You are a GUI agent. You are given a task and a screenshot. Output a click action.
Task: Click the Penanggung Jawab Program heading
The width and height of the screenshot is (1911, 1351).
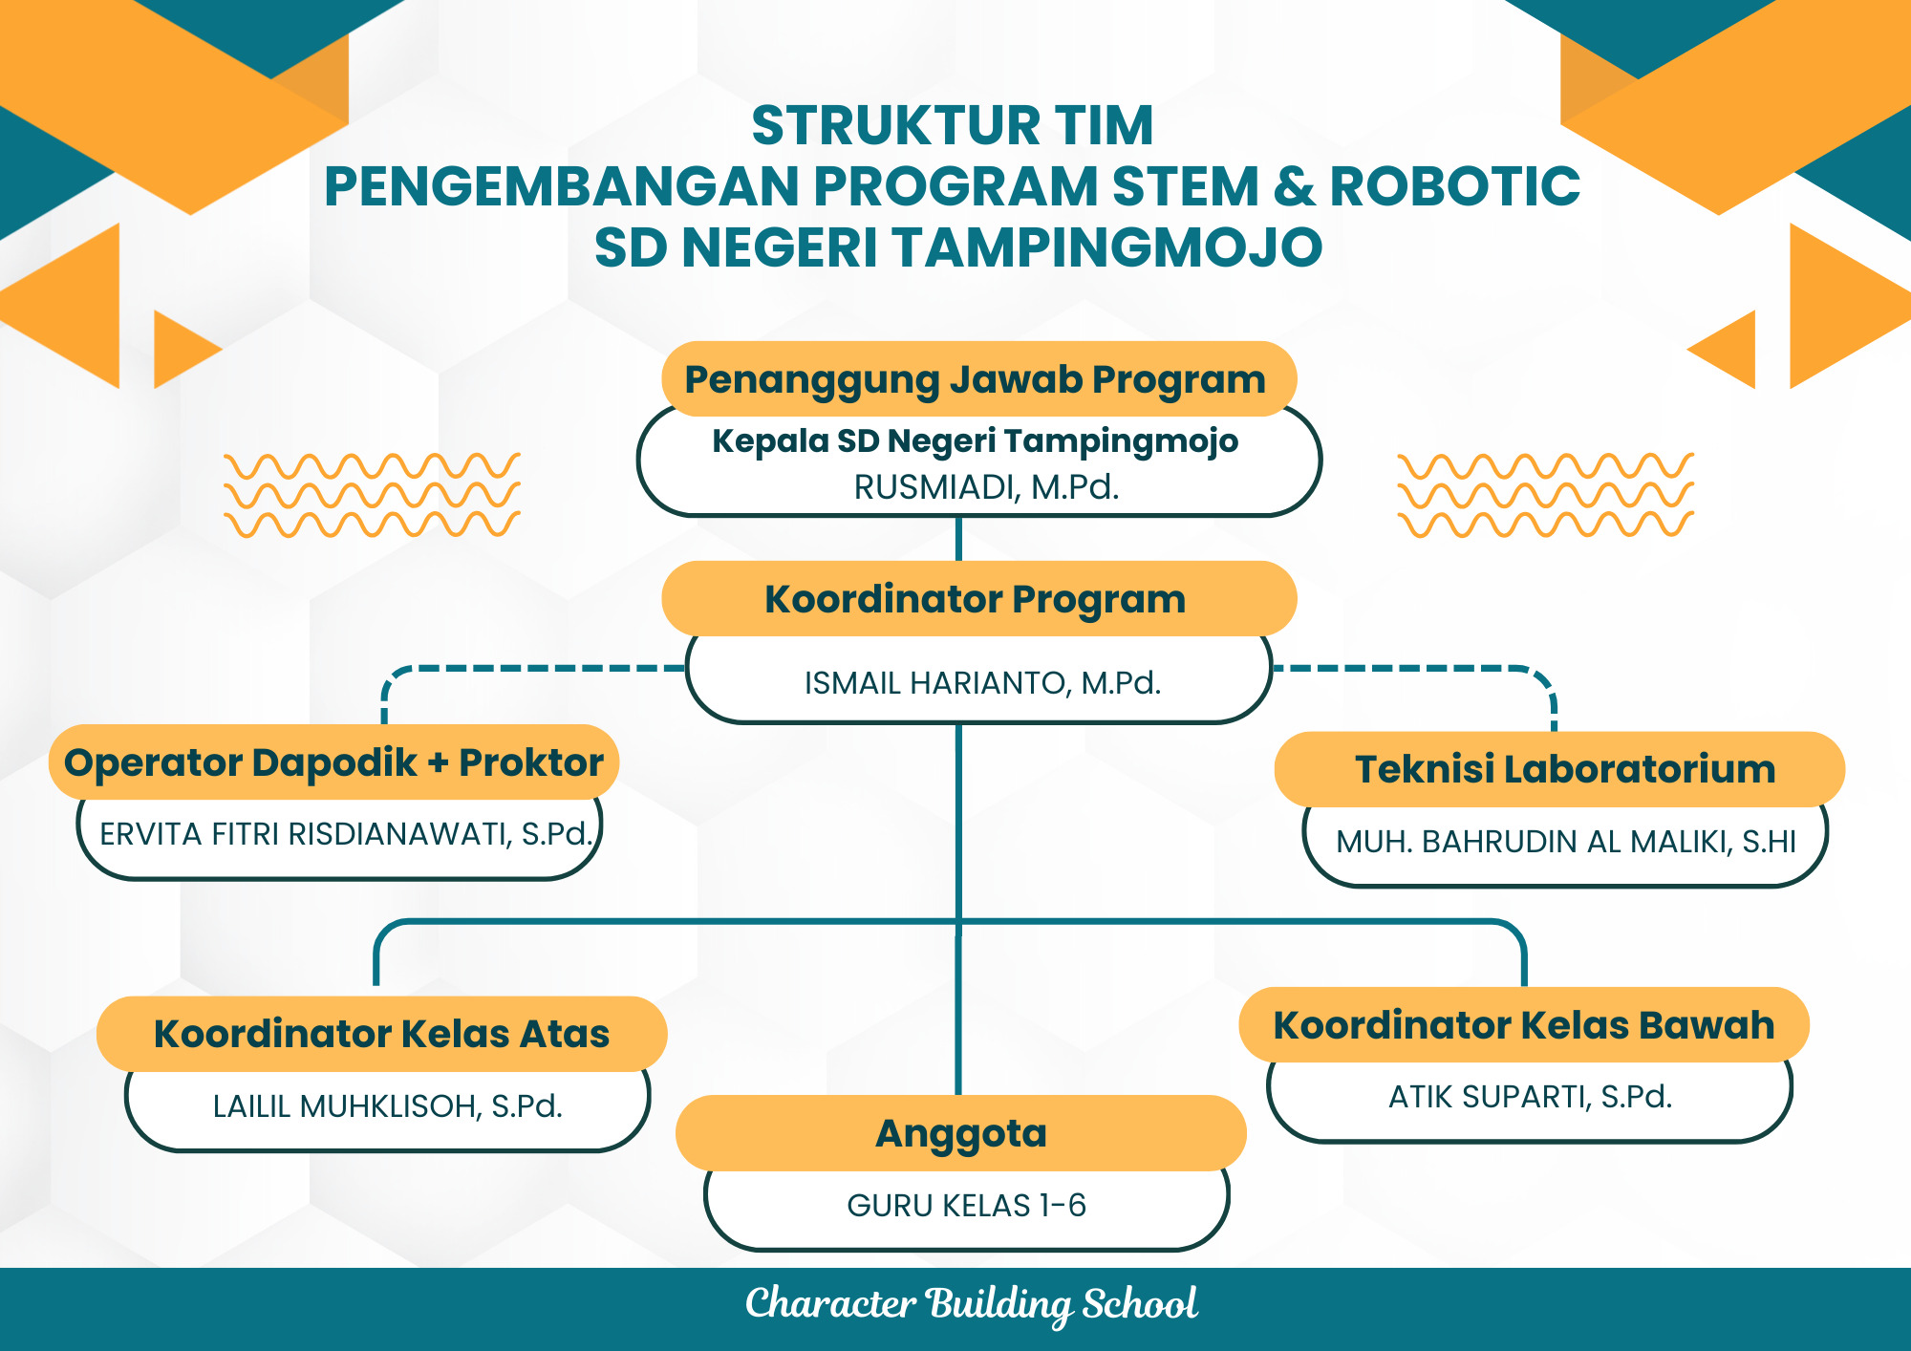pos(976,379)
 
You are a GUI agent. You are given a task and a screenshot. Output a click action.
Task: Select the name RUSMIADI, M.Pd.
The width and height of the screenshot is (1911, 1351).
pos(985,487)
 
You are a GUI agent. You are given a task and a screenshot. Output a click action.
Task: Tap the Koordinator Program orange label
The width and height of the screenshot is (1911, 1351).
pos(976,599)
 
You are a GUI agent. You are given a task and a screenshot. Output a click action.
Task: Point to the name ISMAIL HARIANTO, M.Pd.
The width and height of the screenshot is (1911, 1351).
pos(982,683)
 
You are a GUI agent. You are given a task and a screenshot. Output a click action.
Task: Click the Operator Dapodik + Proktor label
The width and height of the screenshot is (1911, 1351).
pos(333,762)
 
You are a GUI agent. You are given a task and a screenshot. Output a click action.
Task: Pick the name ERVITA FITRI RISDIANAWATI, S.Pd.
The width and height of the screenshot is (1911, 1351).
pos(346,834)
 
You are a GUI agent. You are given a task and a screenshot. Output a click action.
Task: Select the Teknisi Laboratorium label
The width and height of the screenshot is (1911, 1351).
pos(1564,769)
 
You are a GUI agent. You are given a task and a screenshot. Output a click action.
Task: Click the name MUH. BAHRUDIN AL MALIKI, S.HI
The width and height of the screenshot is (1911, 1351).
pos(1565,842)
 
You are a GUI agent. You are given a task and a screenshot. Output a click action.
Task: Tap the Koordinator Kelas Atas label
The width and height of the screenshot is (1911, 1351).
pos(381,1034)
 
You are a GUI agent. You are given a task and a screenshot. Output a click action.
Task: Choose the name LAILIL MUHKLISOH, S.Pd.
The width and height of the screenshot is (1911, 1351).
pos(387,1106)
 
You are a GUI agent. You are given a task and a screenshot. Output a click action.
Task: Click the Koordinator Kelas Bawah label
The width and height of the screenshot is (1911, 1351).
pos(1524,1025)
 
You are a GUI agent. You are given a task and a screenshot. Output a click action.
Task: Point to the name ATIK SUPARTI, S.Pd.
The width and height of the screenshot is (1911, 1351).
pos(1530,1097)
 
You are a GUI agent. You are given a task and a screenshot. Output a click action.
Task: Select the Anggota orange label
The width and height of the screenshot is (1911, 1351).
pos(961,1134)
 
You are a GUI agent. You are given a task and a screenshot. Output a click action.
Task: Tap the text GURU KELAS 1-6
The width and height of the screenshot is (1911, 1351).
pos(966,1206)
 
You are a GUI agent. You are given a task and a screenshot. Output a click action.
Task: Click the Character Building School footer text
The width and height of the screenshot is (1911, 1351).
pos(971,1304)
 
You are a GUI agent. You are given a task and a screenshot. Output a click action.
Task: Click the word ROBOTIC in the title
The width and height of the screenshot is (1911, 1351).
pos(1455,186)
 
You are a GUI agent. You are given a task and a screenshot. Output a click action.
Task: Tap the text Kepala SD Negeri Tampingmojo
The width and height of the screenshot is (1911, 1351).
pos(975,441)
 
